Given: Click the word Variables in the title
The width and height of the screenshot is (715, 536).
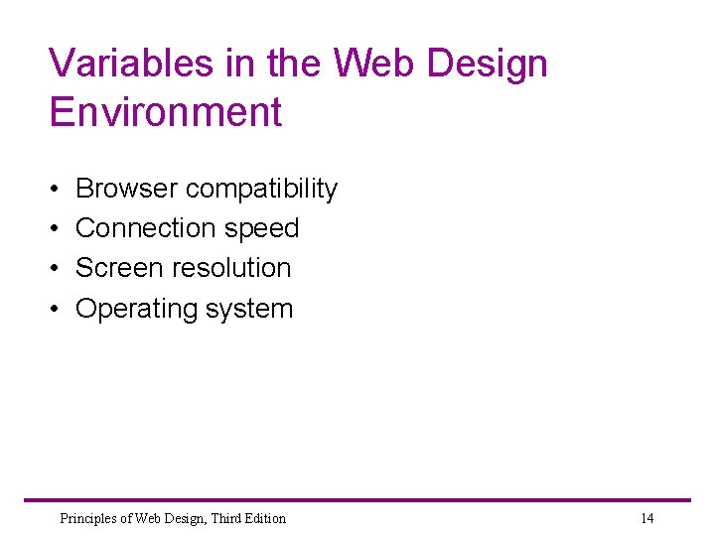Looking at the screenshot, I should coord(118,64).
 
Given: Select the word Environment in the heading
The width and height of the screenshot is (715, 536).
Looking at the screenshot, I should coord(166,112).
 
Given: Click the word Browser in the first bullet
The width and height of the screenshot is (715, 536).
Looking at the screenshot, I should coord(126,189).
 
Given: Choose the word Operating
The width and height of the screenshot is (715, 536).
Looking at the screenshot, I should coord(135,310).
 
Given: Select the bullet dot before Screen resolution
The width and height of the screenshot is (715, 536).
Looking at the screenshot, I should coord(54,269).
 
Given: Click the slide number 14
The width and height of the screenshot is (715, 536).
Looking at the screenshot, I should coord(647,518).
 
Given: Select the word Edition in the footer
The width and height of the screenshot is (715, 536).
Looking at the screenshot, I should coord(262,518).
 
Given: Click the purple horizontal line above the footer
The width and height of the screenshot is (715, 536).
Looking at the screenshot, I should coord(357,500).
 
